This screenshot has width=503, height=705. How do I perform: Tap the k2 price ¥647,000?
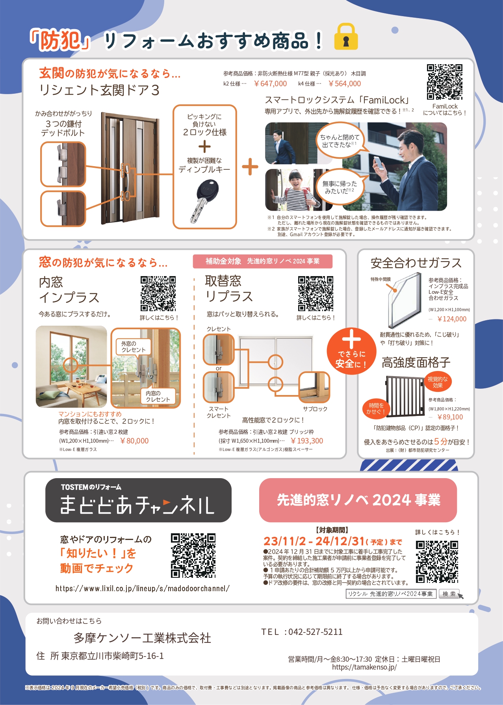point(270,83)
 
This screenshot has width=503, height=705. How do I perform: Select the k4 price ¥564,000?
point(344,83)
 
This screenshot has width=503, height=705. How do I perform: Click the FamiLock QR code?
point(445,82)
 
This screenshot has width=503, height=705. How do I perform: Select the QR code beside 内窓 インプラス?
point(158,293)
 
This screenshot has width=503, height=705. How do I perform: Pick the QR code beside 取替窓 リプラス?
point(316,293)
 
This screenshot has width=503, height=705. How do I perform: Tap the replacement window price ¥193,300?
point(306,441)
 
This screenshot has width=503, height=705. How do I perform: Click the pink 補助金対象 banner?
point(263,262)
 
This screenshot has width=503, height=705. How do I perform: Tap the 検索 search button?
point(449,594)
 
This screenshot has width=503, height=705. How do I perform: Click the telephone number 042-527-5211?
point(316,632)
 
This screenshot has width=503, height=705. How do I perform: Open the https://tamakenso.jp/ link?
point(364,667)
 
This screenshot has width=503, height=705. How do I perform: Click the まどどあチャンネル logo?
point(138,500)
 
